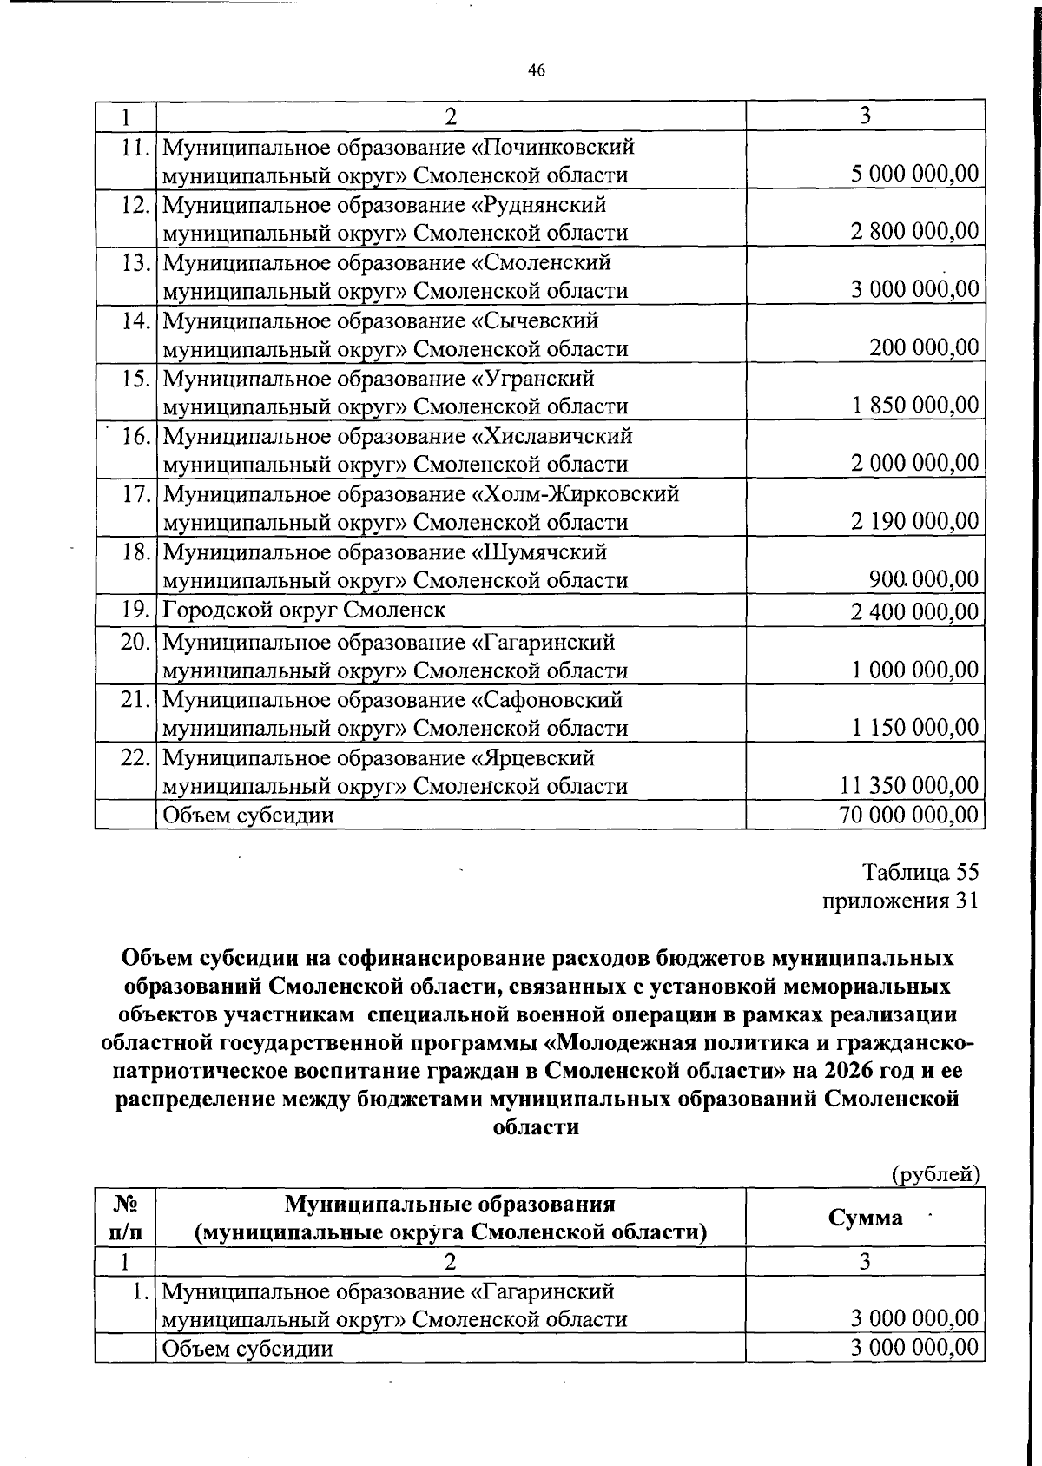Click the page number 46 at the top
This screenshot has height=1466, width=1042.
[536, 71]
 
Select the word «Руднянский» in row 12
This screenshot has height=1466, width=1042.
[538, 205]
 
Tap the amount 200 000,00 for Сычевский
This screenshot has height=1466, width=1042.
[924, 348]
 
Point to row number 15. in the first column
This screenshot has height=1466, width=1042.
[137, 379]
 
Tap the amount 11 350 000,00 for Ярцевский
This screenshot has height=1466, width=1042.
[909, 786]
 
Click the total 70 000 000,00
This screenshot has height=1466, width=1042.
[909, 815]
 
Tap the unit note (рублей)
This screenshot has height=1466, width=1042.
[936, 1175]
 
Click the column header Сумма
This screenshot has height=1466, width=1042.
[865, 1218]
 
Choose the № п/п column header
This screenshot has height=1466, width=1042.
[125, 1218]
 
